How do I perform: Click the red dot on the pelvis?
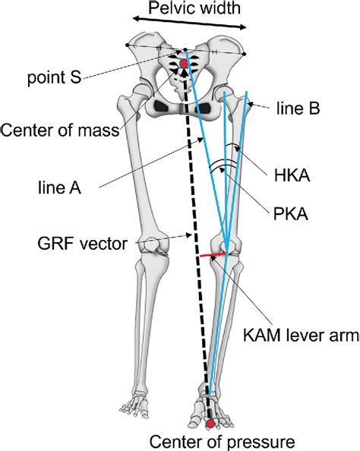(x=182, y=64)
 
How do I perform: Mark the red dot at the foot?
(x=210, y=424)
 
